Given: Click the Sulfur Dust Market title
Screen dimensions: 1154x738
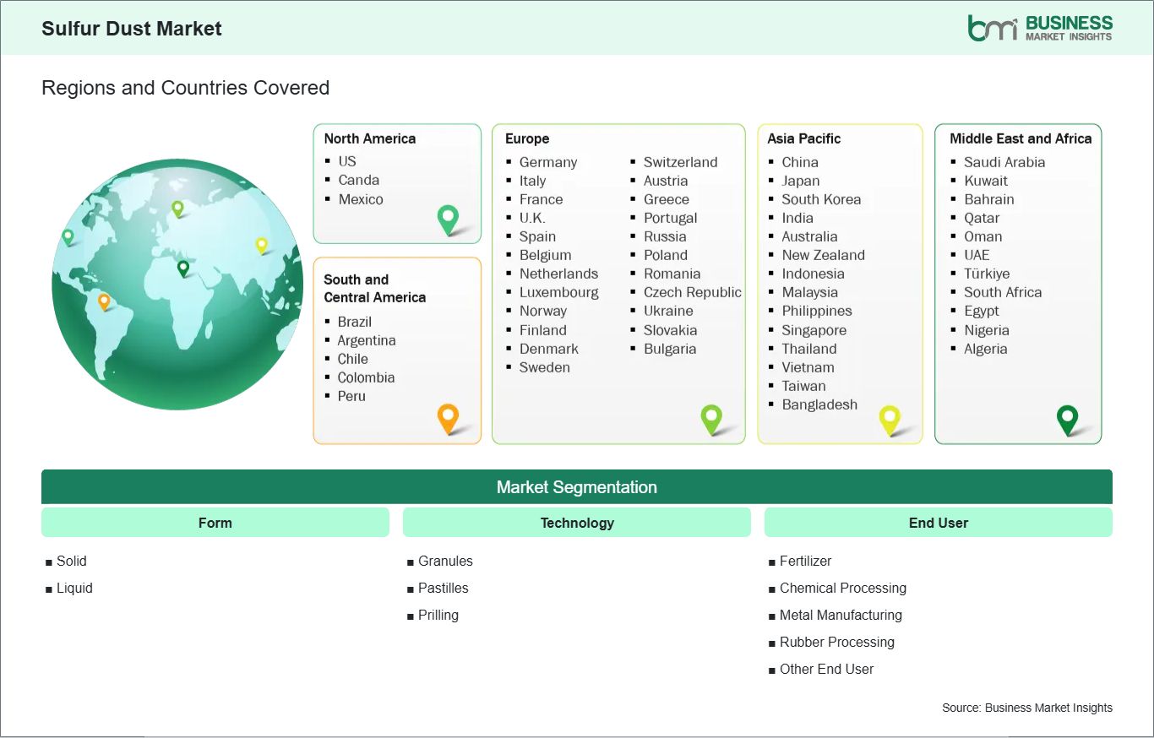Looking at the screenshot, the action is click(x=132, y=29).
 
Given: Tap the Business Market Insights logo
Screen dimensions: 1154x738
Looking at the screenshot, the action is click(x=1040, y=28).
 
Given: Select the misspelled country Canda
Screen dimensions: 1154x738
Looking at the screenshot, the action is click(x=358, y=180).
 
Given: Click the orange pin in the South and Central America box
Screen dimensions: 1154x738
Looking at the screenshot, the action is click(x=448, y=419).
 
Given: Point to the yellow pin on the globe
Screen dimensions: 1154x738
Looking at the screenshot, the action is click(x=262, y=246).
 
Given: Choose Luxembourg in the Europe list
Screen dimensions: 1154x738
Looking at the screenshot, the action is click(x=559, y=292).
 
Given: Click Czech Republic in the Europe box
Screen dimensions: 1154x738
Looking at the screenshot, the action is click(x=693, y=292).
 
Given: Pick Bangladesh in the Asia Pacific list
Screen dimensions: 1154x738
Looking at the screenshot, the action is click(x=819, y=404).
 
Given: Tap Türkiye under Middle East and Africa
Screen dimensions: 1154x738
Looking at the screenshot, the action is click(x=987, y=274).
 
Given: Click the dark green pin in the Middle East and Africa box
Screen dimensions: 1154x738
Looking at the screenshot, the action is click(x=1067, y=420).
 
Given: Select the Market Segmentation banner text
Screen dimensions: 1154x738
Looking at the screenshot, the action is click(x=576, y=487).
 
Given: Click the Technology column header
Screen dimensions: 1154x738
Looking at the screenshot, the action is click(x=577, y=523).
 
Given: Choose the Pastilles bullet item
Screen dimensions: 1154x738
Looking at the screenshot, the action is click(x=443, y=589).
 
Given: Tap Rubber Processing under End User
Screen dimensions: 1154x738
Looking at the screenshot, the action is click(x=836, y=643).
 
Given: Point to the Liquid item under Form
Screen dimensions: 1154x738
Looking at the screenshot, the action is click(x=74, y=589).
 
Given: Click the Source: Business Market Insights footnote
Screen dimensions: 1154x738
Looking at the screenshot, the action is click(x=1026, y=708).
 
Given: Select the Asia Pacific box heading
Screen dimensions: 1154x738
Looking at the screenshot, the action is click(x=803, y=138).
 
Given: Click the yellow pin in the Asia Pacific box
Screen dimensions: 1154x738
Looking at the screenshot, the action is click(x=890, y=420).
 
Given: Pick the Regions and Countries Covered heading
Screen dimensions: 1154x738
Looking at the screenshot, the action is click(x=186, y=88).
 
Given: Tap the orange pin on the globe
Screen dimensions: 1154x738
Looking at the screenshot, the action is click(x=104, y=301).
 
